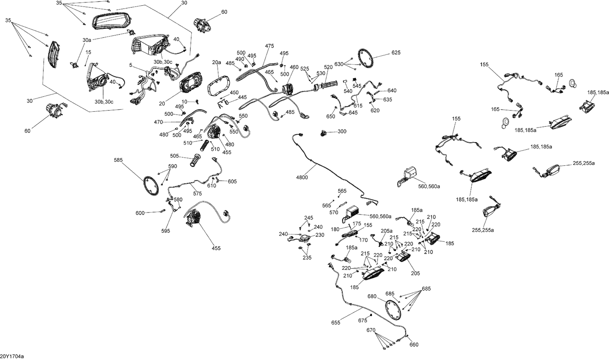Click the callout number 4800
302,177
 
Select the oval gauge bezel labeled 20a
219,85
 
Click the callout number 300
342,132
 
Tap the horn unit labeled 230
302,239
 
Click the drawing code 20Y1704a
12,356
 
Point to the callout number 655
336,322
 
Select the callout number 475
270,46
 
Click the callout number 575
197,193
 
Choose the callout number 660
414,345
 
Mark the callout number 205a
387,231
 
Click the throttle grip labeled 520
324,86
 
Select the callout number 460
294,67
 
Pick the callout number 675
363,321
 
